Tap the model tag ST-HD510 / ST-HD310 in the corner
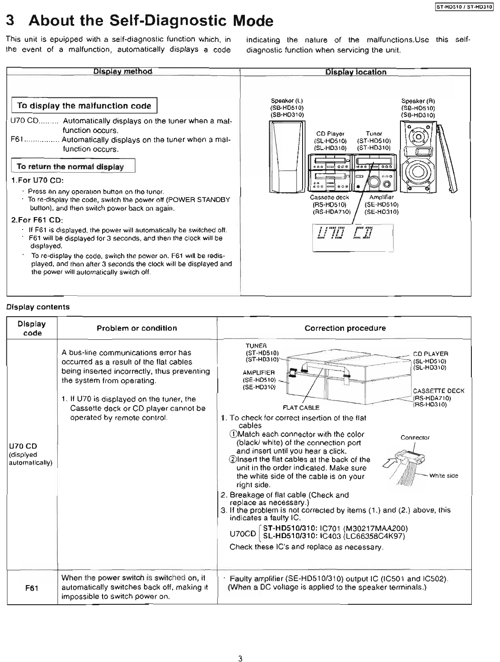464,6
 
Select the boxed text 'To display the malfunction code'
84,106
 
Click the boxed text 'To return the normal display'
70,166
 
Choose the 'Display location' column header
356,72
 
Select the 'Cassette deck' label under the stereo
329,197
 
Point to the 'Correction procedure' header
345,328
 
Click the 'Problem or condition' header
137,328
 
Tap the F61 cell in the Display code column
32,588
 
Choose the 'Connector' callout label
415,438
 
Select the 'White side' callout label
444,476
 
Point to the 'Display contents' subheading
37,307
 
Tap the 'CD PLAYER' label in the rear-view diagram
430,353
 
